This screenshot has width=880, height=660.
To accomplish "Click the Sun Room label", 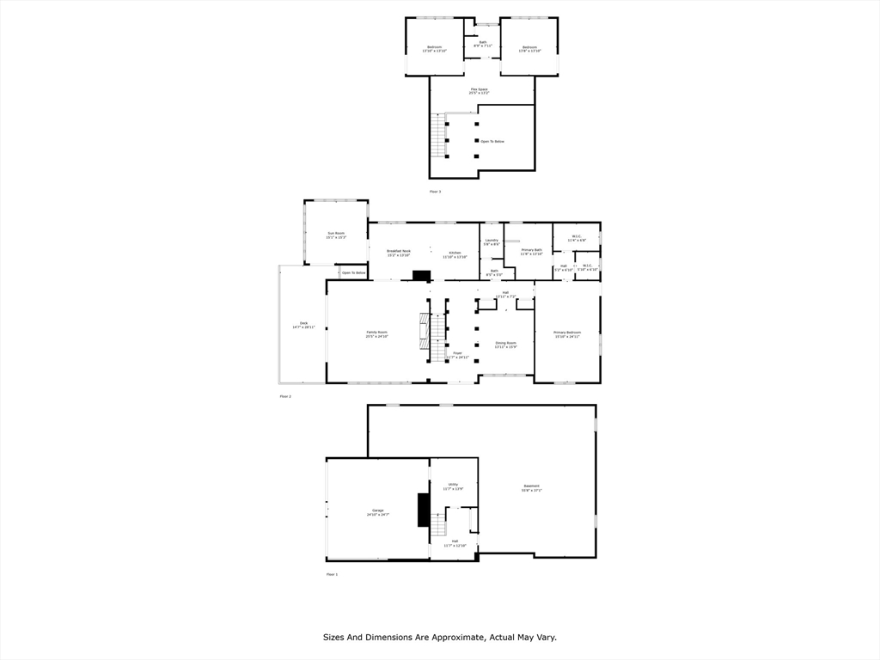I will click(336, 235).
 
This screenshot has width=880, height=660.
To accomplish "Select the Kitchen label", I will click(455, 254).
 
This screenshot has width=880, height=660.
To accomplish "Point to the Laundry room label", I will click(492, 242).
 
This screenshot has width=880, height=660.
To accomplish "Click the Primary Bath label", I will click(532, 252).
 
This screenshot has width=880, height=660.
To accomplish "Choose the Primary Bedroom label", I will click(567, 334).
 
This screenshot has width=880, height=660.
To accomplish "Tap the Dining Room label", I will click(506, 345).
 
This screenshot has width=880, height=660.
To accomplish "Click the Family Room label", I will click(376, 334).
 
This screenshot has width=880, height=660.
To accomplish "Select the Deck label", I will click(303, 325).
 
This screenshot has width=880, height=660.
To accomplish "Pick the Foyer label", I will click(458, 354).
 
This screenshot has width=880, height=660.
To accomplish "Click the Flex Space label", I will click(480, 90).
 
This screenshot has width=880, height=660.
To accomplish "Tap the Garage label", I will click(378, 513).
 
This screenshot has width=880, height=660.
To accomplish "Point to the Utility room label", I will click(453, 486).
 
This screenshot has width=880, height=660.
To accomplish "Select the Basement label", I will click(532, 487).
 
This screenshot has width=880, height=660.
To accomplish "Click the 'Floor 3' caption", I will click(435, 192).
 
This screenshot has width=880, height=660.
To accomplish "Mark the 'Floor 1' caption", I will click(332, 574).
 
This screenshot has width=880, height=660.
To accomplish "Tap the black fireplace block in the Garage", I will click(423, 510).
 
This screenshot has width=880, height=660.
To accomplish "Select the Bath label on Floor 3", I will click(482, 43).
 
